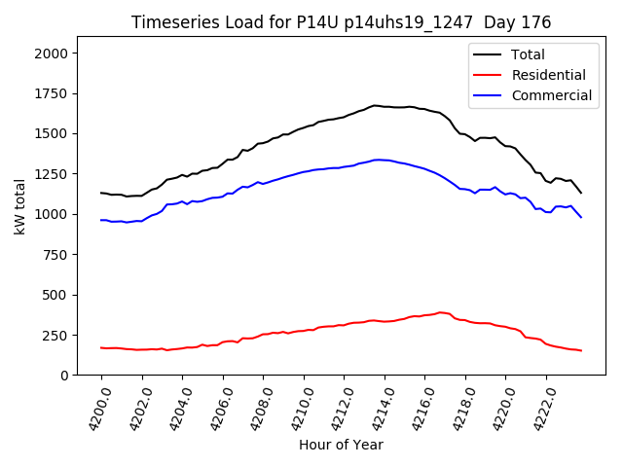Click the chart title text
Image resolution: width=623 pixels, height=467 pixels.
click(x=341, y=22)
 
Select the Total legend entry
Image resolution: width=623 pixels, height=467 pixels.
click(x=527, y=54)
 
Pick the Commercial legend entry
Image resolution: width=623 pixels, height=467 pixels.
click(x=551, y=95)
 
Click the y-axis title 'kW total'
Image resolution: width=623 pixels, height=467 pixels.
click(x=19, y=206)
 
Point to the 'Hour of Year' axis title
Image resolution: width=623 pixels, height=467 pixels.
click(x=341, y=445)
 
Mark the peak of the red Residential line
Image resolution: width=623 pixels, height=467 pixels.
click(x=440, y=312)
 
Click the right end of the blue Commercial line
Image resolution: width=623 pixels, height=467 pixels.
click(x=581, y=217)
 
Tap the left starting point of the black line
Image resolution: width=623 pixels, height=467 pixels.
click(x=101, y=193)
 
